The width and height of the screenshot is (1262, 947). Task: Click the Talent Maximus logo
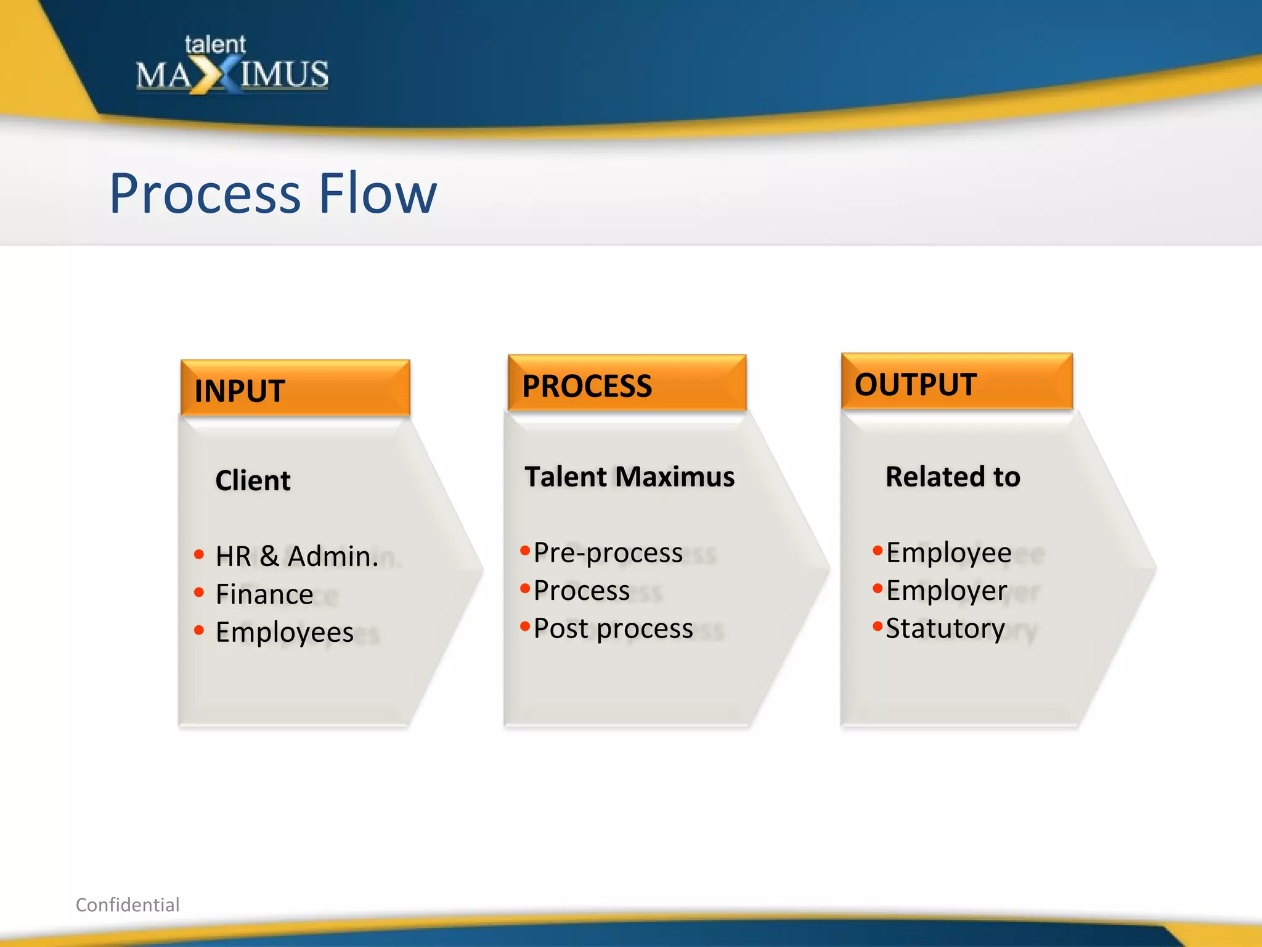click(x=232, y=67)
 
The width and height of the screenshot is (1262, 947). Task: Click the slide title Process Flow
click(x=273, y=194)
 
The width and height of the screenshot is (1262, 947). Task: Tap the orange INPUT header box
click(x=295, y=389)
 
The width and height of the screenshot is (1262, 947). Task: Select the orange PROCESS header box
click(x=627, y=384)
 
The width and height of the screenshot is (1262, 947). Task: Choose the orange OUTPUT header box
click(x=956, y=382)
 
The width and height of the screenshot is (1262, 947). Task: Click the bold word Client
click(x=253, y=480)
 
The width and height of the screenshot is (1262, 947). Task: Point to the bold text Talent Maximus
click(x=629, y=477)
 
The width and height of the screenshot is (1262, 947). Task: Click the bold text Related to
click(x=953, y=477)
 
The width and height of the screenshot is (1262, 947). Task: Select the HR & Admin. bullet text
click(x=297, y=556)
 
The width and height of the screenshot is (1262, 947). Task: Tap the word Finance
click(x=264, y=594)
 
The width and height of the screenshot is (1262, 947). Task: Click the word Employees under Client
click(x=285, y=633)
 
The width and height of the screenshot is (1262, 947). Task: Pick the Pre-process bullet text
click(x=608, y=552)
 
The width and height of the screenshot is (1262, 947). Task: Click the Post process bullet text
click(x=613, y=628)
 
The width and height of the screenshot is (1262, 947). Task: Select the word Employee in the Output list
click(x=948, y=552)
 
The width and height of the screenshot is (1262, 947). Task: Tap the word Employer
click(x=946, y=591)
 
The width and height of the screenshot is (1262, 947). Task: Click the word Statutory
click(x=945, y=628)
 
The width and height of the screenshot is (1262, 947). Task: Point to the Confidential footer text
click(x=128, y=904)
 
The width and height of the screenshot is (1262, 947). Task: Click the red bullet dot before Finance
click(x=198, y=592)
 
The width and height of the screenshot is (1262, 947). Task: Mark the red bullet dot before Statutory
click(x=877, y=627)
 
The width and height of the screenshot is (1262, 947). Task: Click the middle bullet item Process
click(x=581, y=591)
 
